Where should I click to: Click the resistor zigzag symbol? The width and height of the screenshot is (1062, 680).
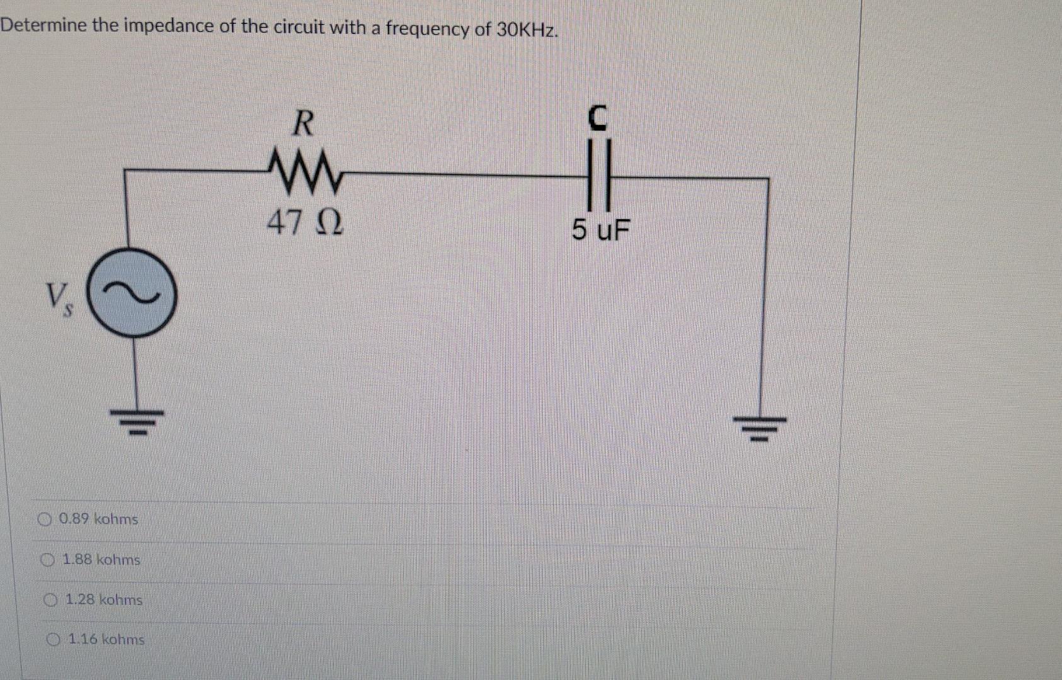pyautogui.click(x=304, y=171)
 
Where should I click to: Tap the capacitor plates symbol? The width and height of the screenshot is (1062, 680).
pyautogui.click(x=598, y=176)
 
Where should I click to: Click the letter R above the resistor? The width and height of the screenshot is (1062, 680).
pyautogui.click(x=303, y=123)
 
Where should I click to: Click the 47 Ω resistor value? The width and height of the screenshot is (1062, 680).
pyautogui.click(x=305, y=222)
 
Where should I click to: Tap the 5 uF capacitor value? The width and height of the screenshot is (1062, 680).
pyautogui.click(x=600, y=230)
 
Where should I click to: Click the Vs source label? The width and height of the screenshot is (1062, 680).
pyautogui.click(x=59, y=299)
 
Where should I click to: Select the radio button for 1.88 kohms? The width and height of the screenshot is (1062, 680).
pyautogui.click(x=47, y=560)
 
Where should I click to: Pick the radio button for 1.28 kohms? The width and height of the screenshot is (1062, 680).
pyautogui.click(x=50, y=600)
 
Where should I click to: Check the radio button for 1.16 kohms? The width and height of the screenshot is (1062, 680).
pyautogui.click(x=54, y=640)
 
